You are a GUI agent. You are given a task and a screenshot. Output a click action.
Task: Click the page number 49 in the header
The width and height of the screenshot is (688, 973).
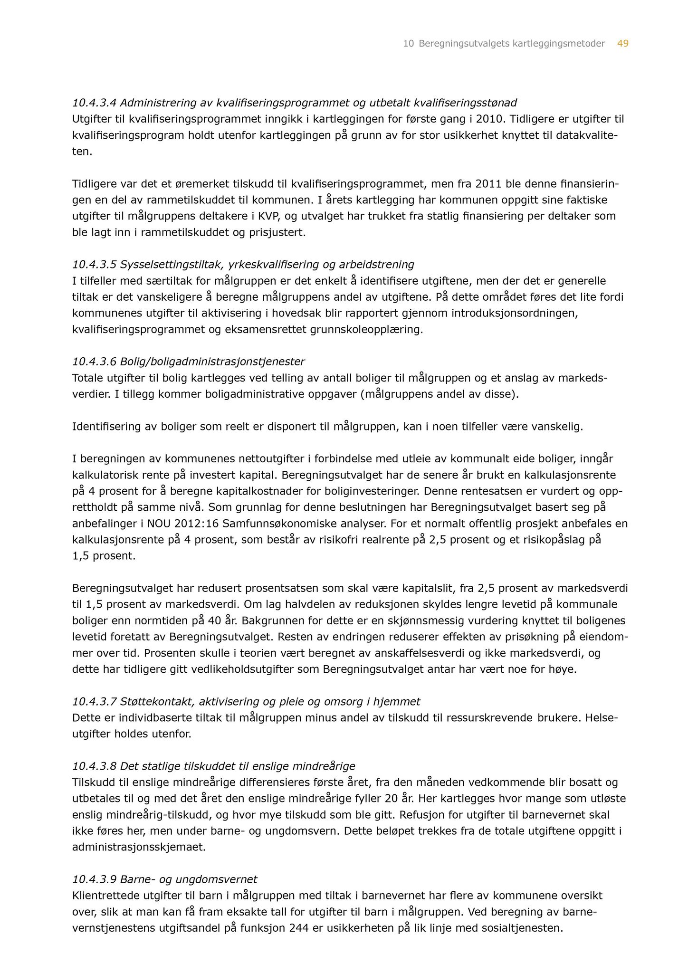(623, 44)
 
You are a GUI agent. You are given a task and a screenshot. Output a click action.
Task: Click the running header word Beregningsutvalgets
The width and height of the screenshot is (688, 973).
(464, 44)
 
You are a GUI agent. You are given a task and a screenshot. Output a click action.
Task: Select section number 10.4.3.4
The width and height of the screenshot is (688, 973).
(94, 102)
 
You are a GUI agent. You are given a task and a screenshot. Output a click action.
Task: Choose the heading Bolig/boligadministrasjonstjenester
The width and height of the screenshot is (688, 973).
(212, 362)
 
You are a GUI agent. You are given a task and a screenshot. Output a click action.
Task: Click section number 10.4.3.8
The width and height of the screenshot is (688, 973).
(94, 766)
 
